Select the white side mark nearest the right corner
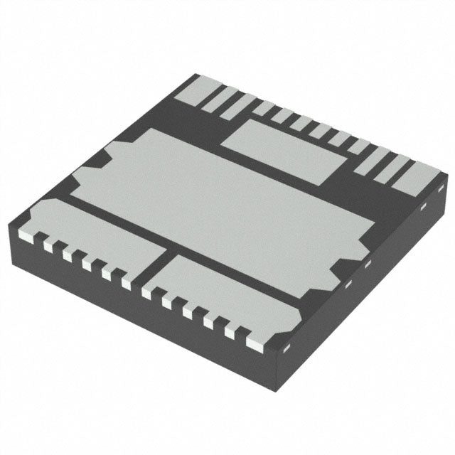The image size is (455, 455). (x=423, y=207)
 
